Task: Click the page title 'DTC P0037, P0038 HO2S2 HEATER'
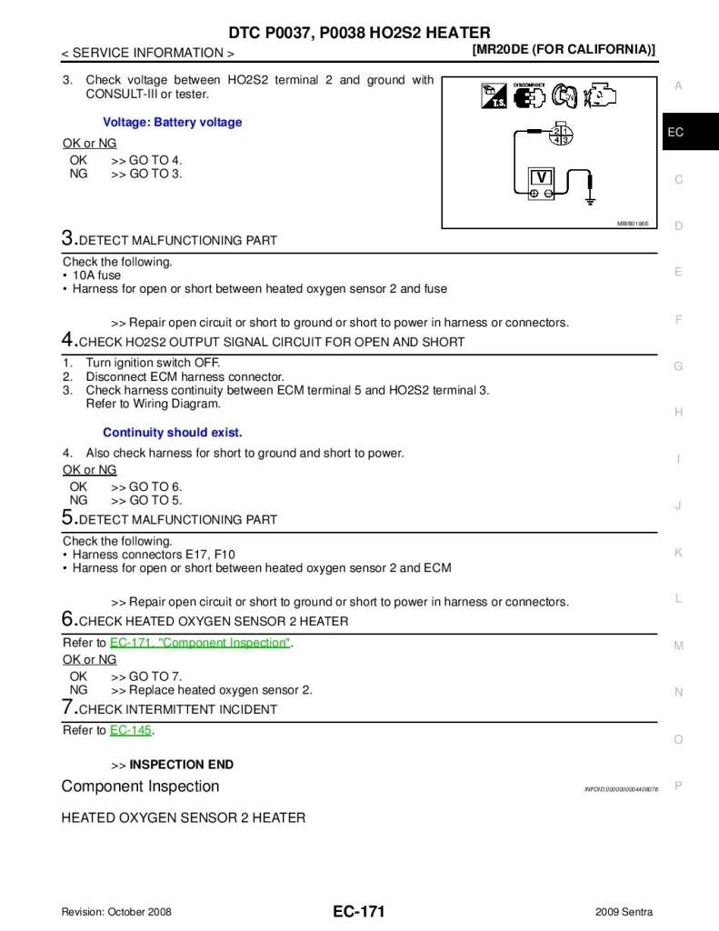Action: [x=359, y=33]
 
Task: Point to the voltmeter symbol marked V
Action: [x=542, y=176]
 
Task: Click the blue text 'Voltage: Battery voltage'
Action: [x=173, y=122]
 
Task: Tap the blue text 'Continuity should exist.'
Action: [x=173, y=433]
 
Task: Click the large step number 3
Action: [x=67, y=238]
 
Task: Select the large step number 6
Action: [x=67, y=619]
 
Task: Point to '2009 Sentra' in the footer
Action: [x=624, y=912]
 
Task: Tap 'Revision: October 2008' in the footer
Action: [x=116, y=912]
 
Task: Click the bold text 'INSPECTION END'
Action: [x=182, y=765]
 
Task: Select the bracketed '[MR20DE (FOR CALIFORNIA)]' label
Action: [x=564, y=50]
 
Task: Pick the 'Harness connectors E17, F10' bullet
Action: [x=155, y=555]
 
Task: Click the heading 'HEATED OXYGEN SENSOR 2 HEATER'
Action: [x=183, y=817]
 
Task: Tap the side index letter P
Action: [x=678, y=786]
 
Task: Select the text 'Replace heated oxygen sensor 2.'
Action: [x=221, y=690]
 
